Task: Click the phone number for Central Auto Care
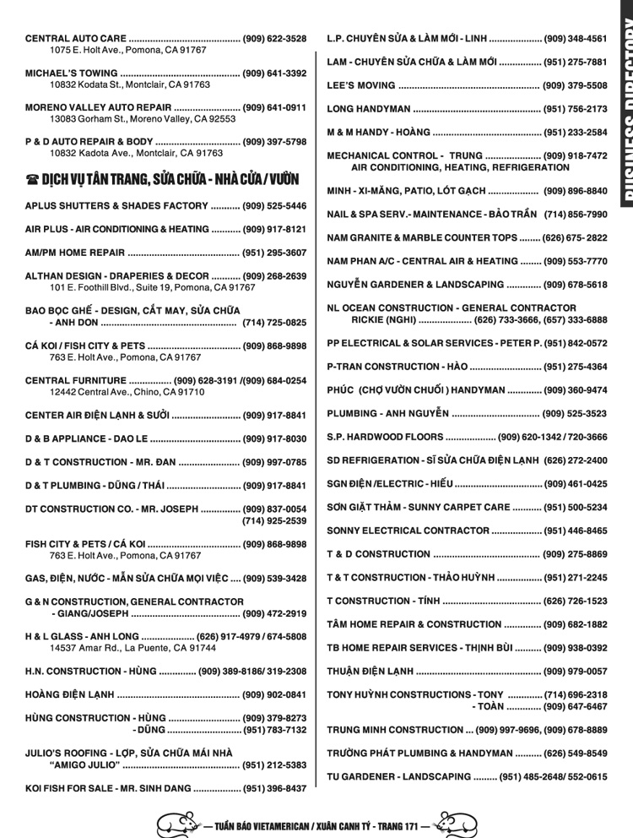click(274, 39)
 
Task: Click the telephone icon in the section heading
click(32, 179)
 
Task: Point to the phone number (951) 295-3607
click(274, 253)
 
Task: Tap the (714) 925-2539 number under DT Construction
click(274, 521)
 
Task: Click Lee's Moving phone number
click(575, 86)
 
